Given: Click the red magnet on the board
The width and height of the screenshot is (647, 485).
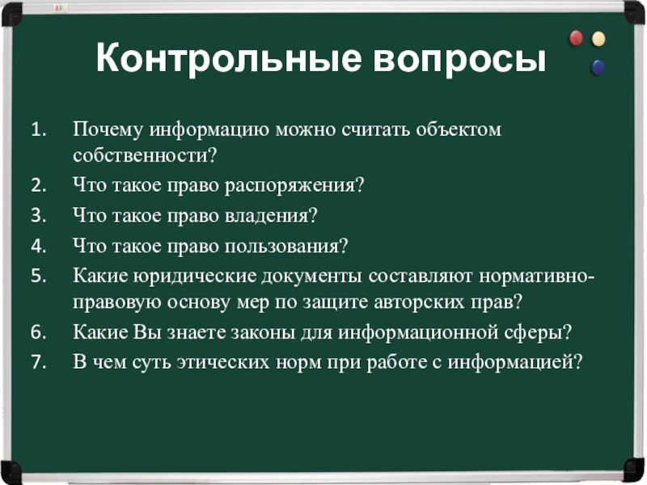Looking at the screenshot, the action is pyautogui.click(x=576, y=38).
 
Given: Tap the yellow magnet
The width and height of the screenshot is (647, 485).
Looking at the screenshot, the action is pyautogui.click(x=598, y=39).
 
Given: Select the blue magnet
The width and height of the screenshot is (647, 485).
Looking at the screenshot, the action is pyautogui.click(x=598, y=67).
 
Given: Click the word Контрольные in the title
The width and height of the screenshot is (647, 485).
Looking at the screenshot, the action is pyautogui.click(x=229, y=57).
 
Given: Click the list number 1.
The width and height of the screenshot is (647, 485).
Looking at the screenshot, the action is pyautogui.click(x=38, y=130).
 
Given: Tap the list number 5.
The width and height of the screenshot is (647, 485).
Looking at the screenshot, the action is pyautogui.click(x=38, y=276).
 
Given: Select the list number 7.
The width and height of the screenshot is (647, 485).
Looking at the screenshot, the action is pyautogui.click(x=38, y=362).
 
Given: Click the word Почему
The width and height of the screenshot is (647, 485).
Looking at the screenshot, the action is pyautogui.click(x=108, y=130).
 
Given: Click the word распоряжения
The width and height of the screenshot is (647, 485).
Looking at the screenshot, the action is pyautogui.click(x=294, y=186).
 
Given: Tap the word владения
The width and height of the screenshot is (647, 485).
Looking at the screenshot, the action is pyautogui.click(x=271, y=216).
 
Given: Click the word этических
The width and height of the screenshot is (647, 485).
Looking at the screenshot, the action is pyautogui.click(x=223, y=362).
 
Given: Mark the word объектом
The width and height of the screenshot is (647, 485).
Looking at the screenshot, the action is pyautogui.click(x=459, y=130).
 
